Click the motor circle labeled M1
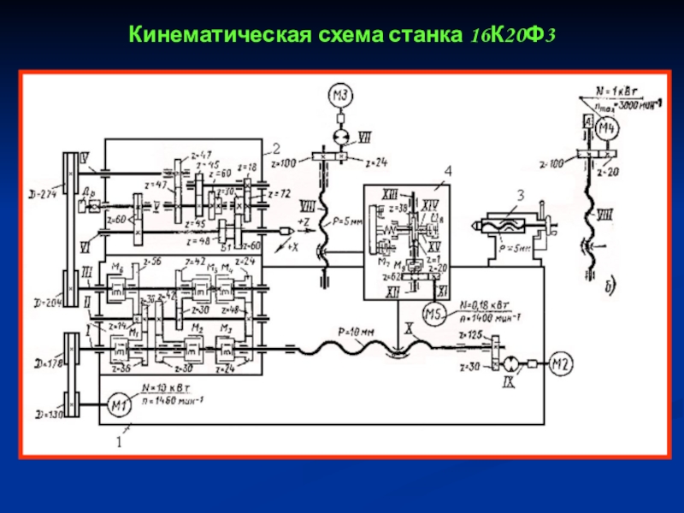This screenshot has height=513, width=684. tap(118, 403)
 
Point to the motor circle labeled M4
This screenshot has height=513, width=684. tap(606, 130)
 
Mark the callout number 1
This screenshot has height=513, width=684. tap(119, 444)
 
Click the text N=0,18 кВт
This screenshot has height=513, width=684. tap(485, 304)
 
